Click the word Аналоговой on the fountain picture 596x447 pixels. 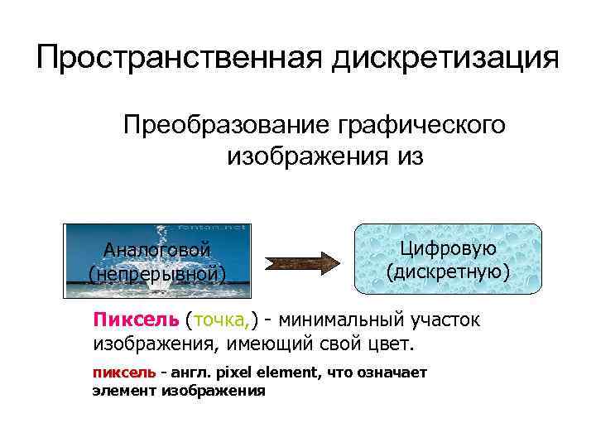click(156, 250)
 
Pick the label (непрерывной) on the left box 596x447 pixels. click(156, 273)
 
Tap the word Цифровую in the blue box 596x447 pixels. click(448, 248)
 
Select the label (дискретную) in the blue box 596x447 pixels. click(448, 271)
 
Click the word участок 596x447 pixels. click(446, 320)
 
